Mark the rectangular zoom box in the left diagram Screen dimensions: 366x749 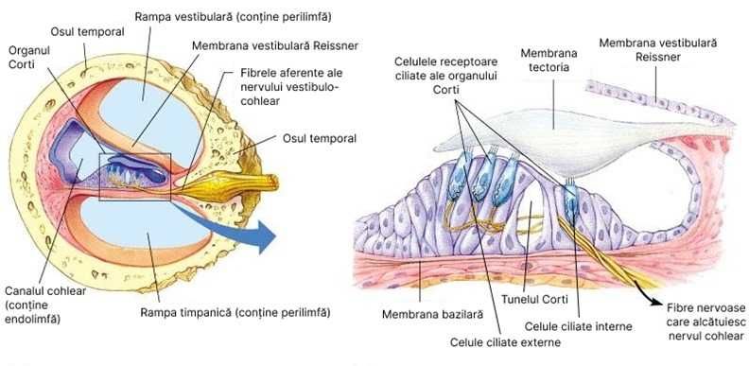(x=134, y=176)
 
